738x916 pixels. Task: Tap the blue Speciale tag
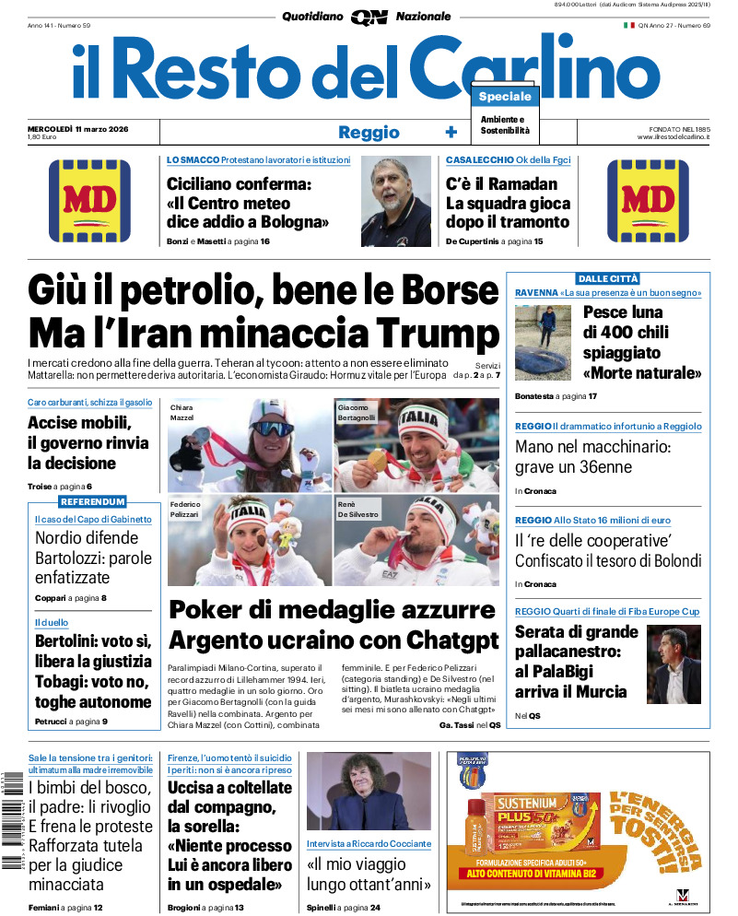[x=505, y=97]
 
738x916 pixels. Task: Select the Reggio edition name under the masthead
[x=369, y=132]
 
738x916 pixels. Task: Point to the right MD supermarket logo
[x=649, y=201]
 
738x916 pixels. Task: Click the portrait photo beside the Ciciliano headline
[x=396, y=201]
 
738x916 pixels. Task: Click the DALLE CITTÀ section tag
[x=607, y=278]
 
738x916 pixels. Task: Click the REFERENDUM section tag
[x=92, y=501]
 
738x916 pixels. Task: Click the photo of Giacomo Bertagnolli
[x=415, y=444]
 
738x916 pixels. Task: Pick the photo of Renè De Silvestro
[x=415, y=540]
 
